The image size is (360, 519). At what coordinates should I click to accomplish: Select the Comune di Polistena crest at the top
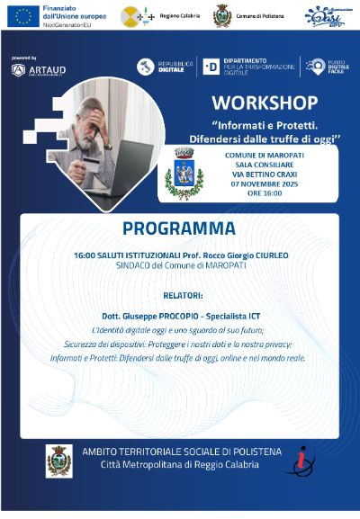221,16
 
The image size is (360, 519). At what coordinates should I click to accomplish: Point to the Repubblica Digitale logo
162,67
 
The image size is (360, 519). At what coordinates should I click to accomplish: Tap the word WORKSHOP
265,102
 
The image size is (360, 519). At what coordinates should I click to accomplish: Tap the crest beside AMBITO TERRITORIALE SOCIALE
59,460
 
